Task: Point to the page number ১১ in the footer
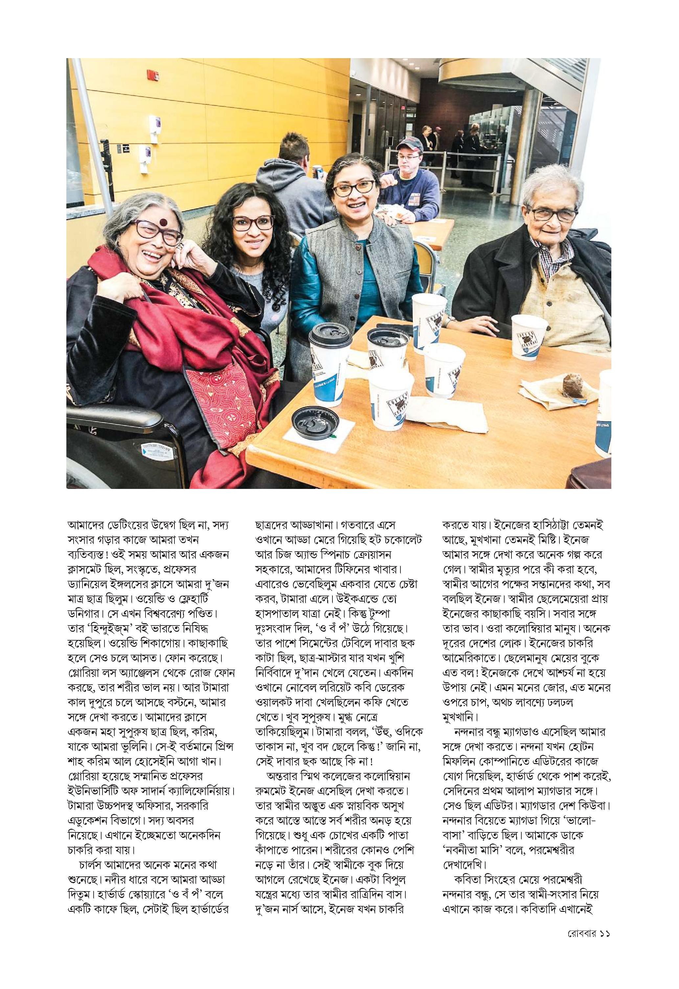click(604, 967)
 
